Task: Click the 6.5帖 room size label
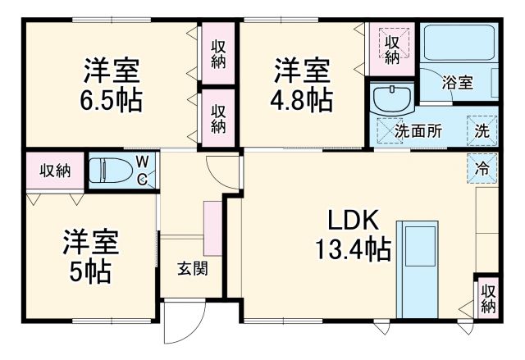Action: tap(112, 101)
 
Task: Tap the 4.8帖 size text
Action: tap(303, 101)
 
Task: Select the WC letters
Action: tap(142, 170)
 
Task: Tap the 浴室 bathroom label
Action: tap(457, 83)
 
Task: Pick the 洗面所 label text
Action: tap(418, 131)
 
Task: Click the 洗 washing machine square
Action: tap(482, 131)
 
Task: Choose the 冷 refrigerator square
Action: tap(482, 169)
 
